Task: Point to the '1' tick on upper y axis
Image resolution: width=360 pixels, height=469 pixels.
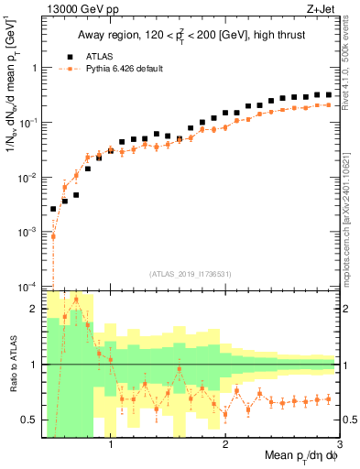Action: tap(36, 68)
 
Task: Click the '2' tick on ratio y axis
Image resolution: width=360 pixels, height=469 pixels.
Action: tap(36, 309)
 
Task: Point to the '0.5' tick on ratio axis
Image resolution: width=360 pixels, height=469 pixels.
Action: tap(32, 420)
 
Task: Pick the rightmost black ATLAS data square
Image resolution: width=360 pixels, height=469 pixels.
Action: tap(328, 94)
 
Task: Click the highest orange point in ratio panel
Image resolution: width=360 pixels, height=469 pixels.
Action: tap(76, 300)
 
